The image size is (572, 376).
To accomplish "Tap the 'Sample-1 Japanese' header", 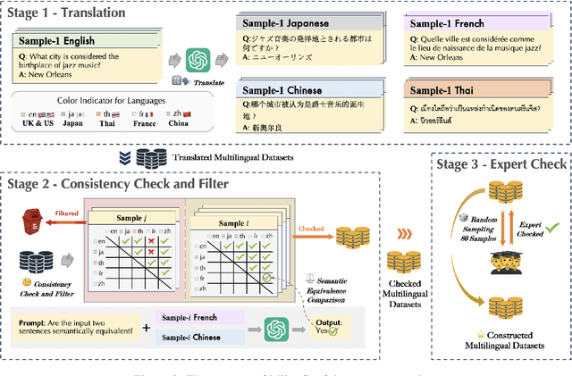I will [284, 25].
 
